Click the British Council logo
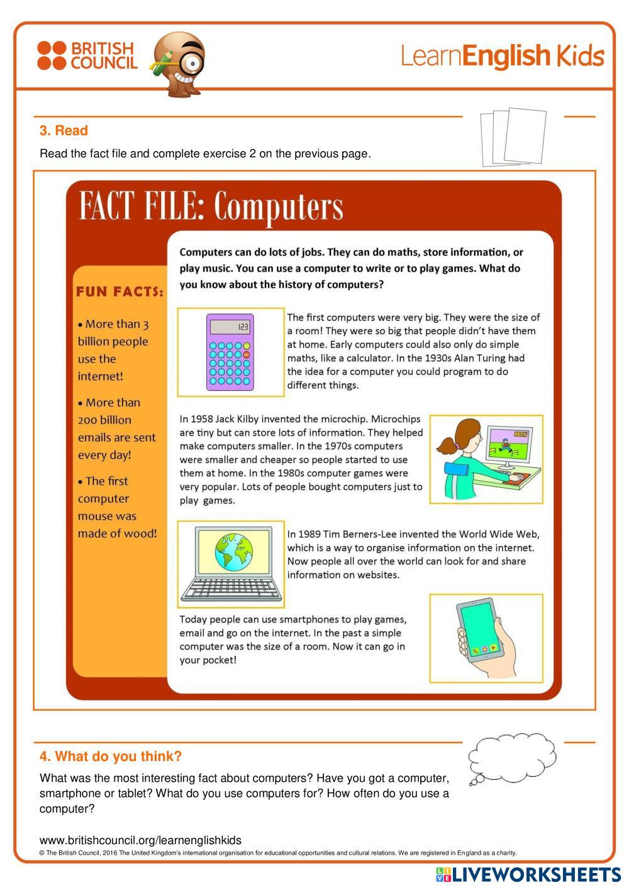(87, 55)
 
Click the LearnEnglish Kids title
(502, 56)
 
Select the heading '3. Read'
(64, 131)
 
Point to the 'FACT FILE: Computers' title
(211, 206)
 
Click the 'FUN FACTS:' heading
(120, 291)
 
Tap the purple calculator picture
(230, 352)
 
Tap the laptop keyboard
(231, 589)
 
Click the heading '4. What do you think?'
(111, 756)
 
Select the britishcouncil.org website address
(140, 840)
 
